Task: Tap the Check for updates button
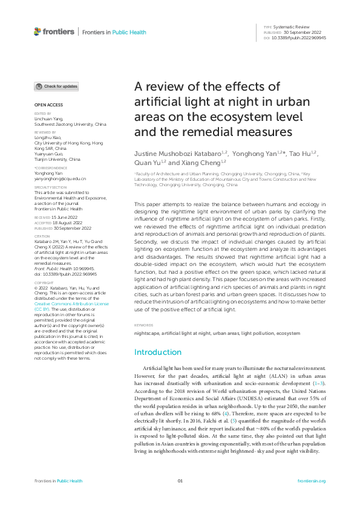[56, 86]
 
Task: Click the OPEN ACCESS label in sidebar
[45, 105]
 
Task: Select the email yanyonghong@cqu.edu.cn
[60, 180]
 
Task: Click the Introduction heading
[157, 352]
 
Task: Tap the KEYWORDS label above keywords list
[143, 325]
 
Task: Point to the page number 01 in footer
[180, 481]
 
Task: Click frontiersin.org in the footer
[312, 481]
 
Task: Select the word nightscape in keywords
[147, 333]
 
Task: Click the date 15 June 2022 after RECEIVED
[64, 216]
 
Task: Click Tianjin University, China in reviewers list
[57, 159]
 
